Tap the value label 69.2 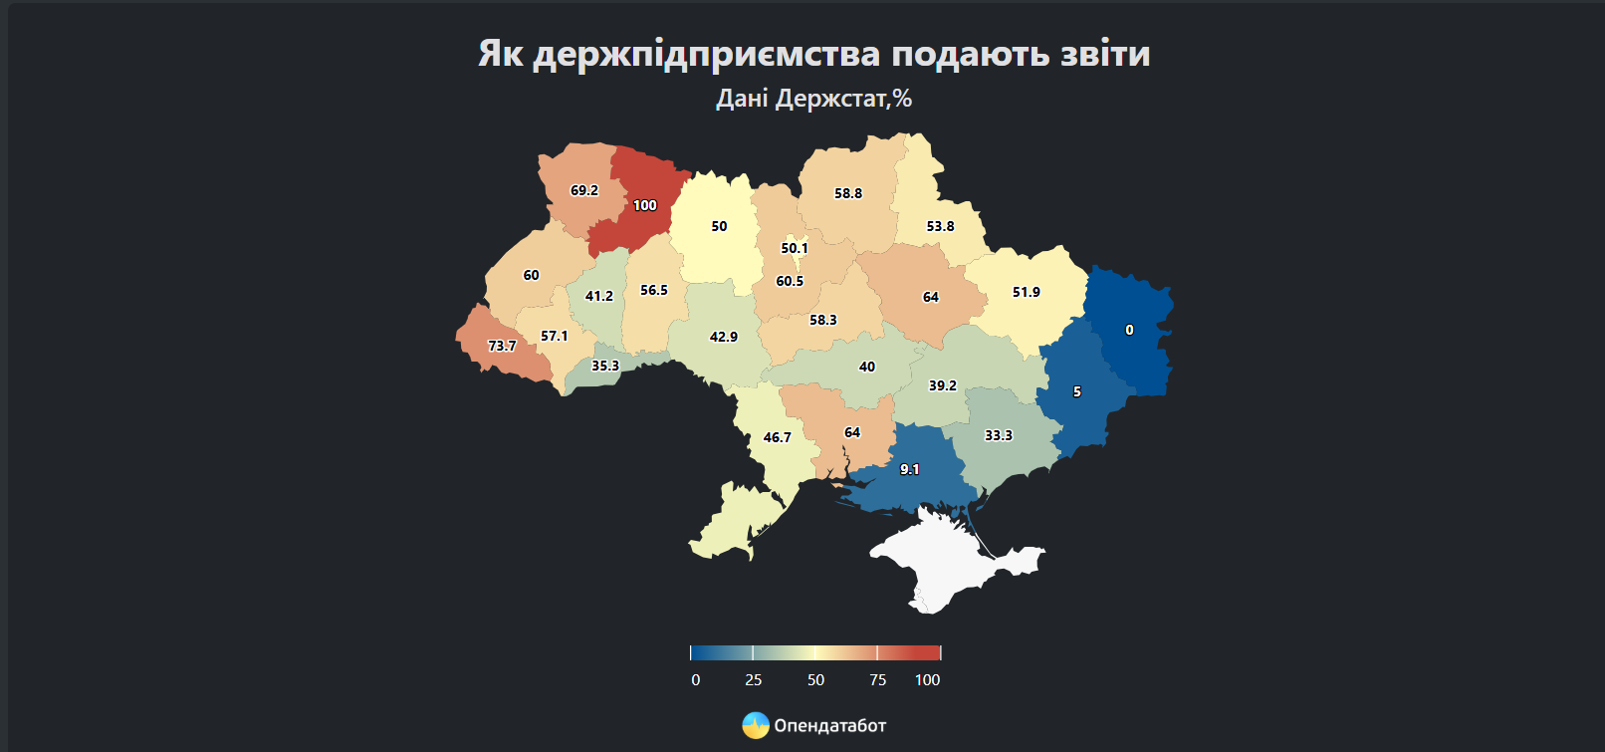point(584,190)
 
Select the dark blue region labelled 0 point(1129,330)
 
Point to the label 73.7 point(502,346)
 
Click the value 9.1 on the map point(910,469)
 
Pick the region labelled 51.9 point(1027,292)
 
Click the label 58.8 point(848,193)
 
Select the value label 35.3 point(605,366)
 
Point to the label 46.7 point(778,437)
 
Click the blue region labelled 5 point(1076,391)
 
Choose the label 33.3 point(999,435)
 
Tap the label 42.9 point(724,337)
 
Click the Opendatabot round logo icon point(756,725)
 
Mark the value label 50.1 point(795,248)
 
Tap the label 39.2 point(943,385)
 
